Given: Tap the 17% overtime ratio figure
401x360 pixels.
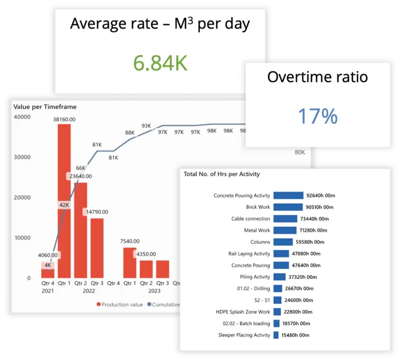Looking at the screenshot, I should click(317, 116).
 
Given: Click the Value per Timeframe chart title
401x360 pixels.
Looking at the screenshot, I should click(45, 106).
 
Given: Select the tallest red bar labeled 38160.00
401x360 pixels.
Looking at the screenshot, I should click(65, 200).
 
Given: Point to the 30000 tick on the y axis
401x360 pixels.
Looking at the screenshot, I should click(22, 157).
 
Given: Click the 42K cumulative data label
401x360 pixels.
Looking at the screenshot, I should click(64, 205).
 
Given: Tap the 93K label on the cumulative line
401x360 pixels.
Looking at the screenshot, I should click(146, 126).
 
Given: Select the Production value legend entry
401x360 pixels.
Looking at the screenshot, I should click(120, 304).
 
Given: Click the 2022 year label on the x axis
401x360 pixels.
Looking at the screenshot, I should click(88, 290).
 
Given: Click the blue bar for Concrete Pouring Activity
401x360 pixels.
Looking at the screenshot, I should click(288, 195).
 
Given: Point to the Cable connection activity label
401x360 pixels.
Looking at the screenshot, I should click(250, 219).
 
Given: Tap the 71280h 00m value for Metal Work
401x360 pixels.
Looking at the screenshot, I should click(316, 230).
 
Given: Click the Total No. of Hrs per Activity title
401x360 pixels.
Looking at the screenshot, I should click(221, 174).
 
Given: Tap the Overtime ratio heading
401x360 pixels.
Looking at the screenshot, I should click(317, 77).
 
